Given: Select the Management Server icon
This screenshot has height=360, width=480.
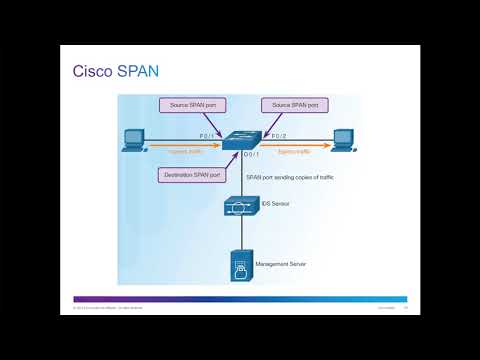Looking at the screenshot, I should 241,266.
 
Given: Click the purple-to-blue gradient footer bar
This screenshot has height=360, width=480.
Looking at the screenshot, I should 240,299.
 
